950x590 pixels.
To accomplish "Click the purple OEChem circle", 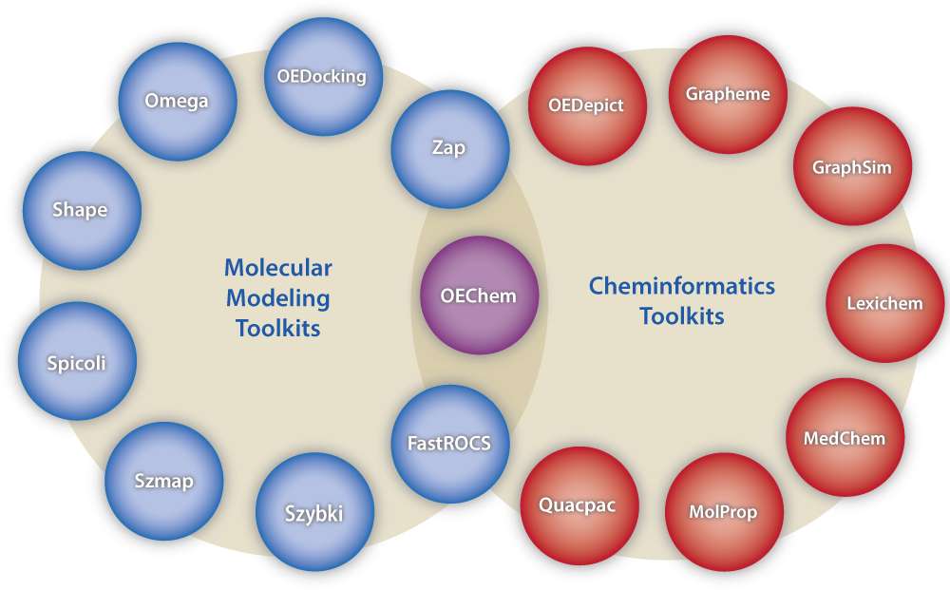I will (479, 295).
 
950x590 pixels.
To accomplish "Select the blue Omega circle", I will (176, 101).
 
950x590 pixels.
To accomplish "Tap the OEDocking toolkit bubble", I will (321, 77).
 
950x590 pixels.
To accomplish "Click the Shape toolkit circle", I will (81, 210).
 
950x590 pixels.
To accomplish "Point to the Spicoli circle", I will (77, 362).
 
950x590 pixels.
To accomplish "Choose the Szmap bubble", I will (163, 481).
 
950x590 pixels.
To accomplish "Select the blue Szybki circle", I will (314, 514).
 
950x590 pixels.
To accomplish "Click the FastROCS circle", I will (450, 443).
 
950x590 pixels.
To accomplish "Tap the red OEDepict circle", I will (586, 105).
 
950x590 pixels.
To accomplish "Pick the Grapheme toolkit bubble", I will (728, 94).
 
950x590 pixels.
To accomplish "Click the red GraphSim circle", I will (851, 167).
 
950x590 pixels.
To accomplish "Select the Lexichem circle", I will (884, 304).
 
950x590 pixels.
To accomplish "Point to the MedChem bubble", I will (845, 438).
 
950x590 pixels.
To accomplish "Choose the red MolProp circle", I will (723, 512).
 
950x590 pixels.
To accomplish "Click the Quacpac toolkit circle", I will (578, 505).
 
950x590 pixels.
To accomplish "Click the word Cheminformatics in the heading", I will (681, 286).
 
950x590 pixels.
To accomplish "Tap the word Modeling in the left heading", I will (277, 298).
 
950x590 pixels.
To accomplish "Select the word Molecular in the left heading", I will (277, 268).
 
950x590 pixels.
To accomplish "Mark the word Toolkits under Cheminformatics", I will (681, 316).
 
